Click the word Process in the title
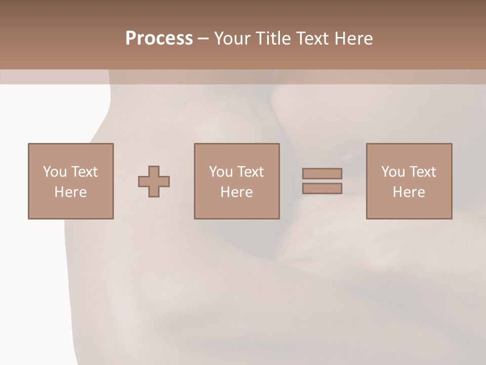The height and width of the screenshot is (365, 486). [159, 39]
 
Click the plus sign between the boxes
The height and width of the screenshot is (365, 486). [154, 181]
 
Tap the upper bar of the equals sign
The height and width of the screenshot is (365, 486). [322, 173]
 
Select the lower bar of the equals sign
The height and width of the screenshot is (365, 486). [322, 189]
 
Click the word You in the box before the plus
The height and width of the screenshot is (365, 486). [55, 172]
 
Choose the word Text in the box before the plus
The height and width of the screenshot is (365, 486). [84, 172]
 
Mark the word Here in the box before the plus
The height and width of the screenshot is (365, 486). [70, 192]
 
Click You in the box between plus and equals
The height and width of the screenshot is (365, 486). [221, 172]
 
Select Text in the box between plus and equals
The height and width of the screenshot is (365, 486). [250, 172]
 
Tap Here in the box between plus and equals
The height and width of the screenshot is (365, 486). [236, 192]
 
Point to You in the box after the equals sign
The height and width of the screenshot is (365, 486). [393, 172]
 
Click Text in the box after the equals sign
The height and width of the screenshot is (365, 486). [422, 172]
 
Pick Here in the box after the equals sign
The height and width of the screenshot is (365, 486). [409, 192]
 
